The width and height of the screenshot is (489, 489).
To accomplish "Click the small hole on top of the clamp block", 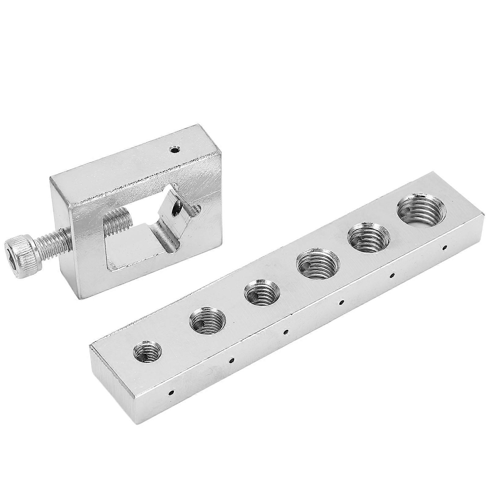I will point(175,150).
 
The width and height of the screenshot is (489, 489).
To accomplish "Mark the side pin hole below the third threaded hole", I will point(286,331).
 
